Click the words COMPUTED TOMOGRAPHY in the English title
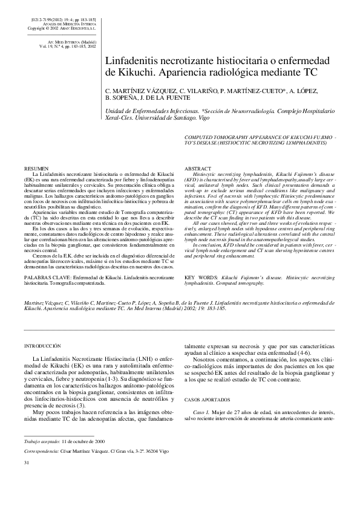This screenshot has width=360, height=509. pos(221,138)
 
